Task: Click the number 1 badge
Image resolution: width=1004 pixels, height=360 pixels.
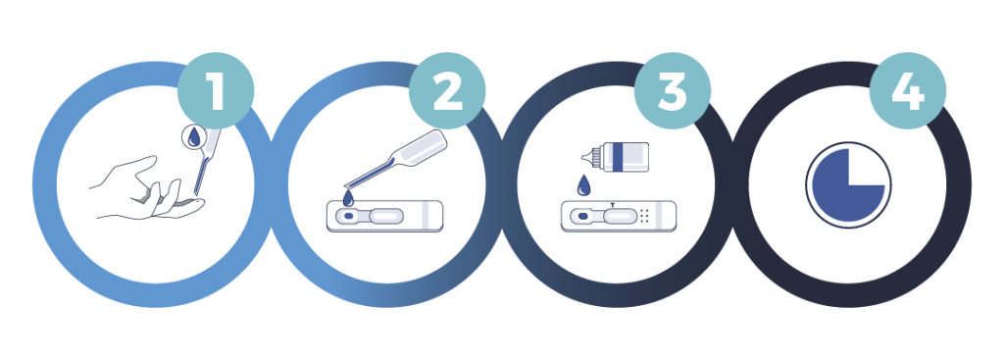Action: tap(215, 91)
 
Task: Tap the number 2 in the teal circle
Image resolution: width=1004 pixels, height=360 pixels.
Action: tap(447, 91)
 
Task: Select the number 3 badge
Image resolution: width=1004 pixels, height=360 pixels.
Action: tap(673, 91)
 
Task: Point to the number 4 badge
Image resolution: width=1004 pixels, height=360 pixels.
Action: tap(907, 91)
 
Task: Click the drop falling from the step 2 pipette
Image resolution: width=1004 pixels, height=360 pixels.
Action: tap(348, 198)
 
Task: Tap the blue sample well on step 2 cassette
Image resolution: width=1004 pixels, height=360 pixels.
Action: tap(348, 217)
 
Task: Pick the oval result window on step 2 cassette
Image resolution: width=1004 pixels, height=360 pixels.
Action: tap(386, 217)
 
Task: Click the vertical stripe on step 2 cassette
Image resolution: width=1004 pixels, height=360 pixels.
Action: tap(426, 216)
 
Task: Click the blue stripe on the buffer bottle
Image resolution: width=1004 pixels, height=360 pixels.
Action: tap(618, 157)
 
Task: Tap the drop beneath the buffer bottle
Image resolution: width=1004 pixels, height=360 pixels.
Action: tap(583, 185)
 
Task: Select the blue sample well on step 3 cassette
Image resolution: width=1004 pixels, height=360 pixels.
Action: tap(582, 217)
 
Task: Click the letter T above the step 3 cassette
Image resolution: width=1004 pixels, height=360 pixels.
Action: tap(613, 205)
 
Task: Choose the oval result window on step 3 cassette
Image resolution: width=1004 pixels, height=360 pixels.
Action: tap(620, 217)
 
